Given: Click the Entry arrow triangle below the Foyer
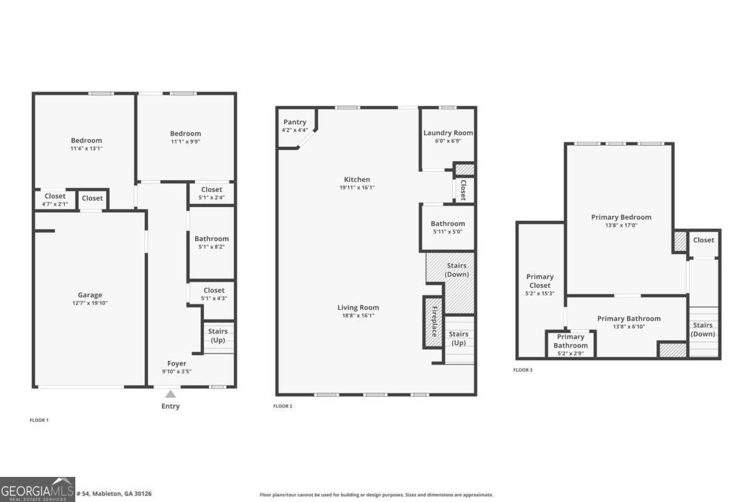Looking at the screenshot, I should point(170,394).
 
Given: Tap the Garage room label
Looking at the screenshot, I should point(90,295).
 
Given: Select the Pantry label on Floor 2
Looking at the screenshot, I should point(294,122).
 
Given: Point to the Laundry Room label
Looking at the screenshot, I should point(448,133).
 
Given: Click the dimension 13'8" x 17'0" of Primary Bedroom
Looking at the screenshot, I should point(621,225).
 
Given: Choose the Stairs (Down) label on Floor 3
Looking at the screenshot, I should point(703,329).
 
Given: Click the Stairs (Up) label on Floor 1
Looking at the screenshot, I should point(217,335).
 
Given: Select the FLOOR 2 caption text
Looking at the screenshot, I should point(282,406).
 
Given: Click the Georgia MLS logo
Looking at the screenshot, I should point(38,489).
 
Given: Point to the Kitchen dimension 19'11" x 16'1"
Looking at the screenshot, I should point(357,188).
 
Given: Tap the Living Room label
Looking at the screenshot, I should point(358,307).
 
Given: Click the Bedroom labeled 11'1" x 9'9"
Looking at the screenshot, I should point(185,134).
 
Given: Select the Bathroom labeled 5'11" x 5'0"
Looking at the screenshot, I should point(447,224).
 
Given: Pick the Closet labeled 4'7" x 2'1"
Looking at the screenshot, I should point(55,196).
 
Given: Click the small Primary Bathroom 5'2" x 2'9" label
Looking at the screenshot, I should point(570,341).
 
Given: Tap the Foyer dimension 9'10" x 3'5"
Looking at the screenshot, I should point(176,371).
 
